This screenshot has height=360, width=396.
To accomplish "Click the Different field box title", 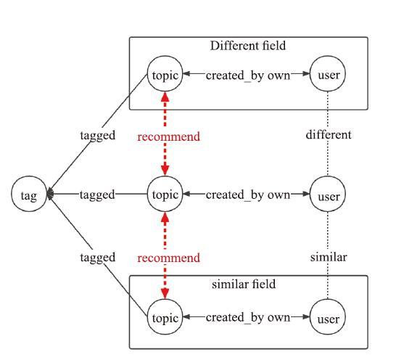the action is tap(248, 46).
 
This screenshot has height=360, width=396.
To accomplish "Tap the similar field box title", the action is tap(244, 284).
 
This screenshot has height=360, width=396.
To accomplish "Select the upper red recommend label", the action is tap(169, 136).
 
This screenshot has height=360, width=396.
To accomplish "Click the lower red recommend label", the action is tap(169, 258).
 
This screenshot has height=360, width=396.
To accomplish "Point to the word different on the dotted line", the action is tap(329, 134).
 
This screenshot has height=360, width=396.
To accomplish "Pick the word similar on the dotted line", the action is tap(329, 257).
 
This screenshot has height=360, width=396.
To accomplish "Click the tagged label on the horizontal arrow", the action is tap(97, 195).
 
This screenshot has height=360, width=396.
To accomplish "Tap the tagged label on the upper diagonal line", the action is tap(98, 136).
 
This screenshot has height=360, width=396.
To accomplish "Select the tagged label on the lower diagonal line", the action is tap(98, 258).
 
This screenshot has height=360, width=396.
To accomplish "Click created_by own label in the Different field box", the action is tap(248, 75).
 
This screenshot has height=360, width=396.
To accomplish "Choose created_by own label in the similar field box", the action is tap(248, 317).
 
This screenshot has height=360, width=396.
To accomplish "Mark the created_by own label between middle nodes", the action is tap(248, 195).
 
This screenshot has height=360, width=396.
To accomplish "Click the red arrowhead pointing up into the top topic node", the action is tap(165, 97).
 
